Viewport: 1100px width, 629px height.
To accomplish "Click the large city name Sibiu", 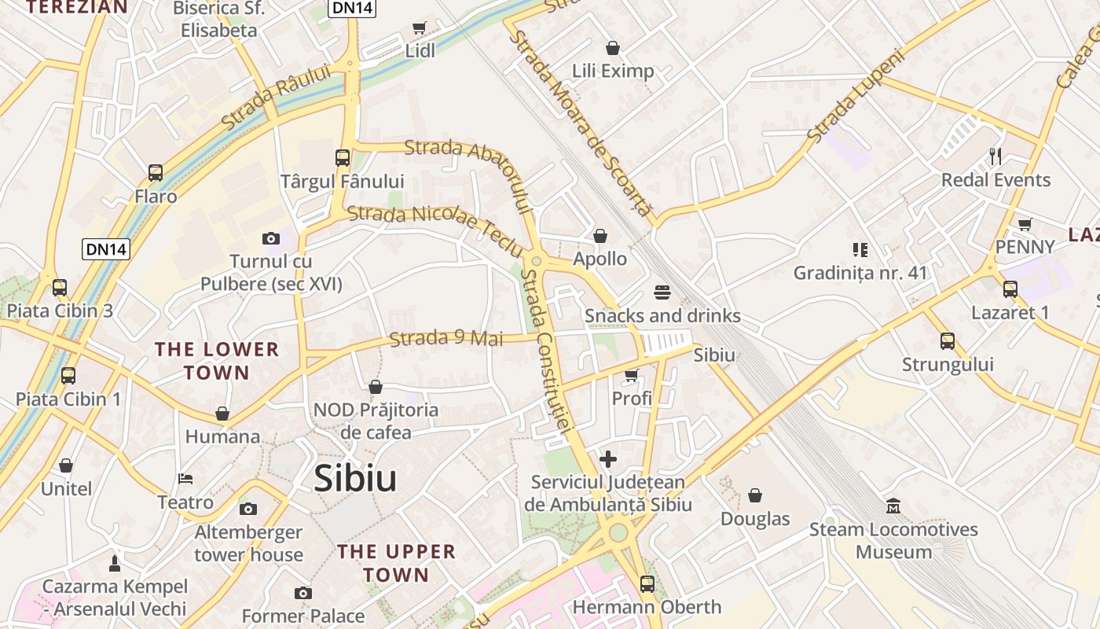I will point(355,478).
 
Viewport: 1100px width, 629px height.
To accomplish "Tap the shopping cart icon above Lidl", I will point(420,28).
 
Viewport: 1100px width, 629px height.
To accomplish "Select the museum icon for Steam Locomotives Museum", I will point(893,506).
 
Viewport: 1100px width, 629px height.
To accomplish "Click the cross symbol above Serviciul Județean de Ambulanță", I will point(608,459).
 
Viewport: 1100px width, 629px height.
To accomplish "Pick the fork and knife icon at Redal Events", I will point(995,156).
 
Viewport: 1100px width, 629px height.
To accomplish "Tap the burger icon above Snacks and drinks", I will point(662,292).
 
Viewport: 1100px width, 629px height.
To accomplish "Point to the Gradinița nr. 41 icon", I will point(860,250).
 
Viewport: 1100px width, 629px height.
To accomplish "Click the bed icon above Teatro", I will point(185,479).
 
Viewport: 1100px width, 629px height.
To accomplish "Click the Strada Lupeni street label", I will point(856,98).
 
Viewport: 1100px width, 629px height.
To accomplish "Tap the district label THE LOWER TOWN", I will point(217,361).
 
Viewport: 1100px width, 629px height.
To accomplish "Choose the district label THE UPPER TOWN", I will point(396,563).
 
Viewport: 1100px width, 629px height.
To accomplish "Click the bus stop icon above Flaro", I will point(156,173).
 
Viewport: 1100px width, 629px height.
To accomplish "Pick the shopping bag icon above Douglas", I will point(755,495).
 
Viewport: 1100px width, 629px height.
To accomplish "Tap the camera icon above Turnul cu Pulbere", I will point(271,238).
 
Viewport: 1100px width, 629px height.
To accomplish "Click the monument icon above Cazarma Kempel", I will point(115,563).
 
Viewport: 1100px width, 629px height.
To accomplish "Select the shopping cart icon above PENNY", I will point(1025,224).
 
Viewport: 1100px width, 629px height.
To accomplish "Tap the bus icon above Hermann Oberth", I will point(647,583).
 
